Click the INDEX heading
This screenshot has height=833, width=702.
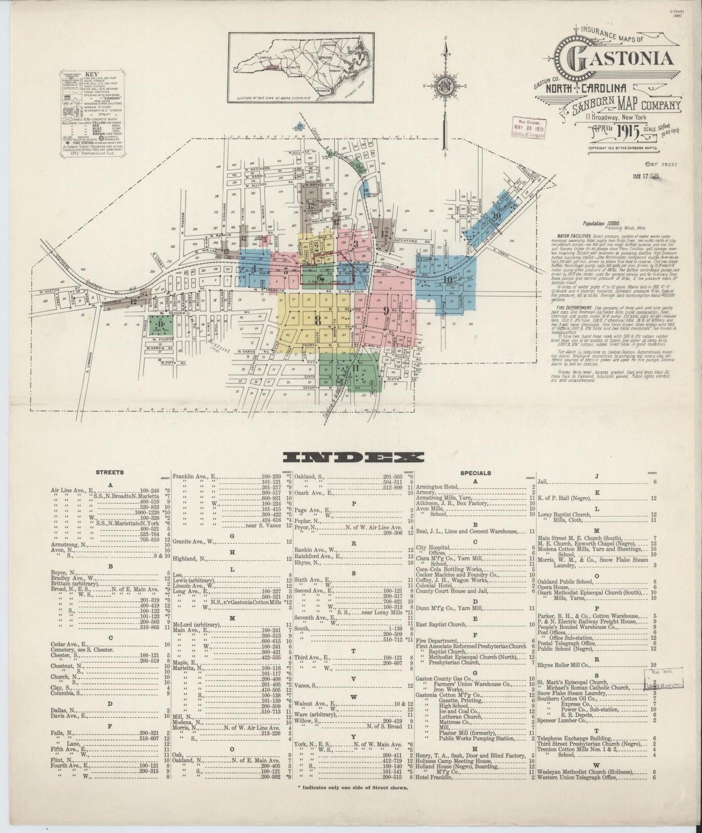353,457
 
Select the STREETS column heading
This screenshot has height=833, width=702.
110,472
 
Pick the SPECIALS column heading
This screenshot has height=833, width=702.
475,473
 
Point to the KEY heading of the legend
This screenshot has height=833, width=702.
91,75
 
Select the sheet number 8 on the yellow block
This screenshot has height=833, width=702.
318,320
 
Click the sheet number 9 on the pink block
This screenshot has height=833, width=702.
385,310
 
